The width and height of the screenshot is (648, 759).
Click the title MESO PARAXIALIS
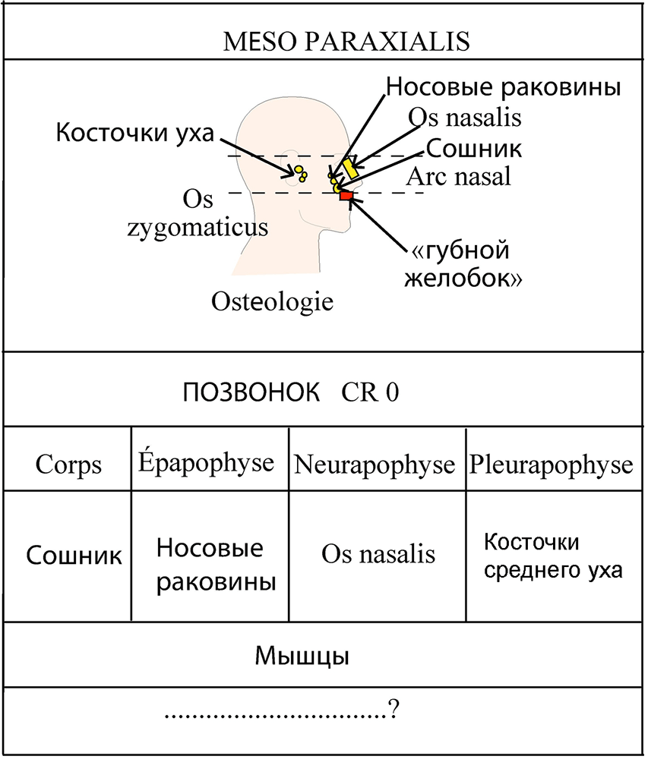(x=346, y=41)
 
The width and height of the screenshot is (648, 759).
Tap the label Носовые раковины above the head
(x=503, y=87)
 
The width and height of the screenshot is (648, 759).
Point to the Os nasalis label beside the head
(x=464, y=117)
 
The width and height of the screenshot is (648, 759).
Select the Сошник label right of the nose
(x=474, y=148)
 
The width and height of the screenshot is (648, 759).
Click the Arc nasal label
(x=459, y=176)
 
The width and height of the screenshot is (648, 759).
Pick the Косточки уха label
(x=134, y=132)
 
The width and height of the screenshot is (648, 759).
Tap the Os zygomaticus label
(x=198, y=213)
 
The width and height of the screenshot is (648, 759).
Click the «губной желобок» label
(x=463, y=264)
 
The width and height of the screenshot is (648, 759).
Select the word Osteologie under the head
(x=272, y=301)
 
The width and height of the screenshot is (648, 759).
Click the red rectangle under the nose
(x=346, y=196)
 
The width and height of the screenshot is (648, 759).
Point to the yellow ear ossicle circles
(x=301, y=173)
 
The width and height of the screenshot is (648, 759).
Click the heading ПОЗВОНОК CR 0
(x=291, y=392)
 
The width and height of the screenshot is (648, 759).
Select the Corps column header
(x=68, y=465)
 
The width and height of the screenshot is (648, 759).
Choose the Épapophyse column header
(x=206, y=462)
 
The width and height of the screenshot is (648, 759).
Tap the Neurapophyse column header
(x=375, y=465)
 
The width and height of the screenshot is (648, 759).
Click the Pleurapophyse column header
(x=551, y=465)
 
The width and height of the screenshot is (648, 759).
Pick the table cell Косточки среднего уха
(x=553, y=556)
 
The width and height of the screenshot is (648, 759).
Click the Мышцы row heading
(x=302, y=656)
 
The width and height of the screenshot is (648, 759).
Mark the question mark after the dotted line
(x=394, y=709)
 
